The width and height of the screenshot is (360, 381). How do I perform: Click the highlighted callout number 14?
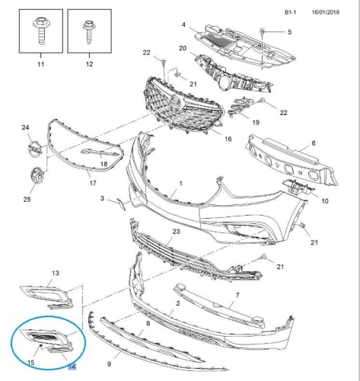pyautogui.click(x=72, y=367)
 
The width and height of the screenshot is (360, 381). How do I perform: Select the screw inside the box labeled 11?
pyautogui.click(x=41, y=30)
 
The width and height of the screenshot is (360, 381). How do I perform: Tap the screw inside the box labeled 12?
pyautogui.click(x=89, y=33)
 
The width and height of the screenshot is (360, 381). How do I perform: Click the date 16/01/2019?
pyautogui.click(x=326, y=12)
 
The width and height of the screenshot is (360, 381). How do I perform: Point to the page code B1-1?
pyautogui.click(x=290, y=12)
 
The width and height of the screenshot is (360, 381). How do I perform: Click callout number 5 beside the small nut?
pyautogui.click(x=289, y=32)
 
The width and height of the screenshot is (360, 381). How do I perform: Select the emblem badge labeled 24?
pyautogui.click(x=35, y=149)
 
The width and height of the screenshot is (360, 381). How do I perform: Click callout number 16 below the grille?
pyautogui.click(x=228, y=139)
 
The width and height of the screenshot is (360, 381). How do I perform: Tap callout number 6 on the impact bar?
pyautogui.click(x=314, y=143)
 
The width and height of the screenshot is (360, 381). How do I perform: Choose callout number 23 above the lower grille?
pyautogui.click(x=176, y=232)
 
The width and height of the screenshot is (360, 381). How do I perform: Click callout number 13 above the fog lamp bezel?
pyautogui.click(x=56, y=273)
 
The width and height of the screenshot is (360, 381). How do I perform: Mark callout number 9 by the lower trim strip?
pyautogui.click(x=109, y=364)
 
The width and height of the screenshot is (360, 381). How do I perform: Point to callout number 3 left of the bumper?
pyautogui.click(x=102, y=198)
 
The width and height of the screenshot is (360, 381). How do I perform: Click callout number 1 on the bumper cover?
pyautogui.click(x=181, y=184)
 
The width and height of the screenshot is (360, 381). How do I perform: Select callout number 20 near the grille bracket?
pyautogui.click(x=183, y=48)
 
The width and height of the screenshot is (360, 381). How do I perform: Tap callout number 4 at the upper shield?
pyautogui.click(x=183, y=24)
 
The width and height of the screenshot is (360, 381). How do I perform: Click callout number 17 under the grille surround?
pyautogui.click(x=93, y=183)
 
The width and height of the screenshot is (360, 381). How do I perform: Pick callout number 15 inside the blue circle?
pyautogui.click(x=30, y=362)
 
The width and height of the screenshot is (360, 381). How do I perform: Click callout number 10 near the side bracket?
pyautogui.click(x=325, y=201)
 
